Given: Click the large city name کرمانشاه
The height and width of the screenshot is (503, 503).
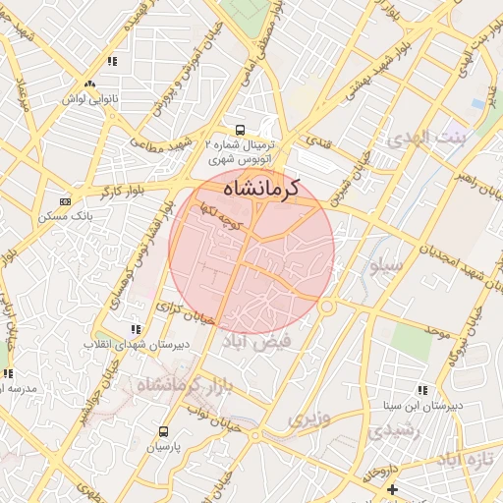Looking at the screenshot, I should point(260,187).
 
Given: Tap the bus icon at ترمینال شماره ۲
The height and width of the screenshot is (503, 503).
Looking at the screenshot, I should point(240,130).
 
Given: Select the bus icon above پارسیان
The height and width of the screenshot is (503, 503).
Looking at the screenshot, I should point(163,430).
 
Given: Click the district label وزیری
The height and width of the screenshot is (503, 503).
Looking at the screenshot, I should point(304,419).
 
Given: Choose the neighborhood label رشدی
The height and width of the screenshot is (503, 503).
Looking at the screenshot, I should point(392,430).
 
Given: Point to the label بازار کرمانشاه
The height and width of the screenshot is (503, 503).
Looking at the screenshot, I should point(185,387).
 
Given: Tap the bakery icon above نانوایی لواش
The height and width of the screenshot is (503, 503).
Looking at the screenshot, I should point(90,84).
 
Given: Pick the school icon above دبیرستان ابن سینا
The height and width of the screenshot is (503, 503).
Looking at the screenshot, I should point(422,389).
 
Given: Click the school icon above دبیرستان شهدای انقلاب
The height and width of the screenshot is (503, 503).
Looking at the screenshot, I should point(135,329).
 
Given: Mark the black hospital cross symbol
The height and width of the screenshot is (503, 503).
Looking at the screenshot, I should point(393,488).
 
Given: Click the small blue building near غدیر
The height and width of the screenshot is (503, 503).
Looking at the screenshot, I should point(478,103).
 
